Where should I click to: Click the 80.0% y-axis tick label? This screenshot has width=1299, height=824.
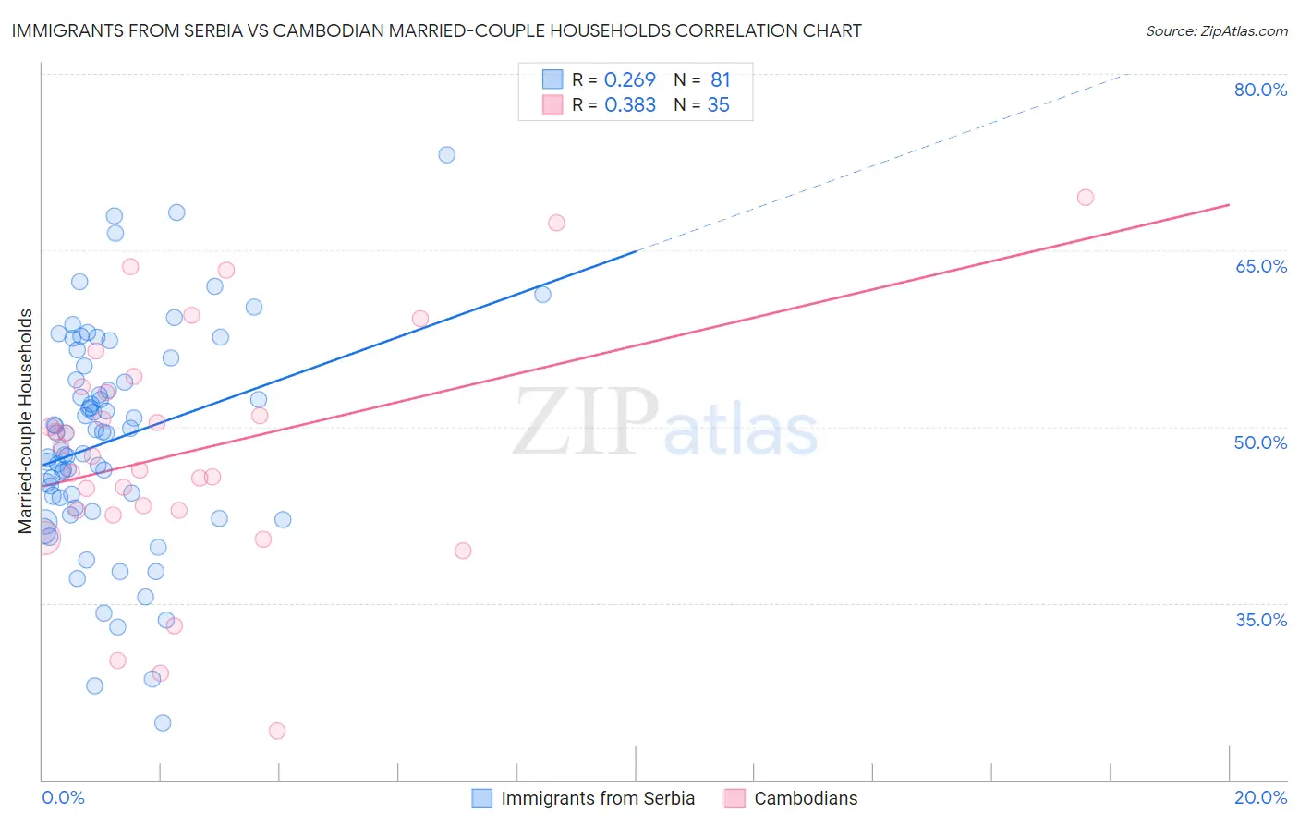[1260, 90]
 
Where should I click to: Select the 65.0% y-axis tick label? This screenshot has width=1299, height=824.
[1260, 266]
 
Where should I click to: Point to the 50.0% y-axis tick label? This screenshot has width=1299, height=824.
[1260, 442]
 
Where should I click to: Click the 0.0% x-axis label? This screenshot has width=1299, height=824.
[63, 797]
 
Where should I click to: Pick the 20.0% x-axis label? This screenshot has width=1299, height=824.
[1260, 797]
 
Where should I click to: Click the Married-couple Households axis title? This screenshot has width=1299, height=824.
[26, 420]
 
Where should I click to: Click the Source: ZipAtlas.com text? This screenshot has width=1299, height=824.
[1216, 30]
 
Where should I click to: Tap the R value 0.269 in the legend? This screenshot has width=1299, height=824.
[629, 80]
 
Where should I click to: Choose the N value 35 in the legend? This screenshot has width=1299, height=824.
[718, 105]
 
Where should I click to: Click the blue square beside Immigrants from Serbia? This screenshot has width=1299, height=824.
[481, 798]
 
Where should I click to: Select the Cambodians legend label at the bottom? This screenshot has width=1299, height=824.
[806, 798]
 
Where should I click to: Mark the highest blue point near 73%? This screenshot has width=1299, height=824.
[446, 154]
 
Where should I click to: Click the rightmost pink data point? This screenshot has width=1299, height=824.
[1086, 197]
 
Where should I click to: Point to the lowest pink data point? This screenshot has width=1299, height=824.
[277, 731]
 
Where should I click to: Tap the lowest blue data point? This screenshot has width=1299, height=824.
[163, 722]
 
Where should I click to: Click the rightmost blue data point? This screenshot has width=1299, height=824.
[542, 295]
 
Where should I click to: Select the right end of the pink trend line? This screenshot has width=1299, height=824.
[1229, 204]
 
